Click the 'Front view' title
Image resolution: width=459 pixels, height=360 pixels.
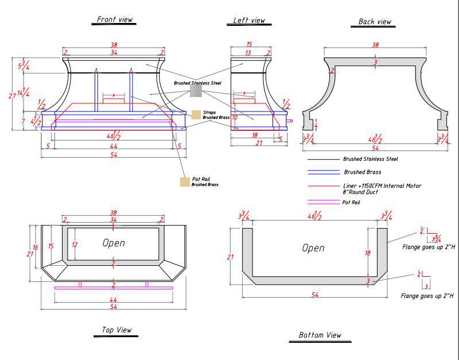tap(115, 20)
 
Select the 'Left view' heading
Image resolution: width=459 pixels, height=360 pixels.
tap(249, 21)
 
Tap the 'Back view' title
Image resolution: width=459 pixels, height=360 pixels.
tap(375, 22)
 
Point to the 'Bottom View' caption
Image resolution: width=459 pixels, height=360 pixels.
tap(320, 335)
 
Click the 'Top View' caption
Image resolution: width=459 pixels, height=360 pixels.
tap(116, 330)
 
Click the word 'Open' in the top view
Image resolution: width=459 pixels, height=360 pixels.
tap(114, 243)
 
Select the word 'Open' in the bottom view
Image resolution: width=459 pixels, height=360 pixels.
tap(313, 248)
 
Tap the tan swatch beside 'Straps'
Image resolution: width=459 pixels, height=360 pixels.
tap(196, 115)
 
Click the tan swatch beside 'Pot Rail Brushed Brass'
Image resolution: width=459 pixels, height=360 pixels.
tap(185, 182)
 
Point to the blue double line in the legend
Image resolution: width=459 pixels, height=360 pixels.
tap(324, 172)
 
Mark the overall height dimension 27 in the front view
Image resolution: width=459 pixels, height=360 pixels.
tap(12, 96)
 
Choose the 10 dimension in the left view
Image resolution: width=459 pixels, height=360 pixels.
tap(235, 117)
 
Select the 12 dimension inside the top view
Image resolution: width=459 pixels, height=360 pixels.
tap(74, 245)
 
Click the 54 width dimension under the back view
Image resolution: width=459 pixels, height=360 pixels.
tap(375, 149)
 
